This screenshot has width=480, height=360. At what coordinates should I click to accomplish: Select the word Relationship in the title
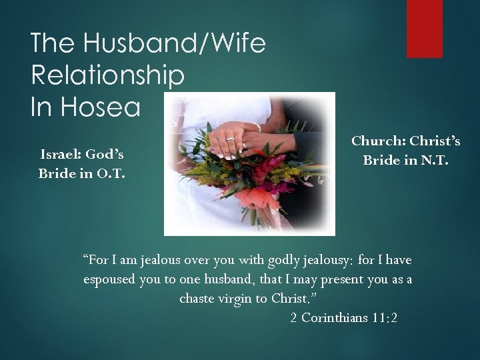pos(107,75)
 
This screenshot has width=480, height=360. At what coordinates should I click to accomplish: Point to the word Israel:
pos(61,155)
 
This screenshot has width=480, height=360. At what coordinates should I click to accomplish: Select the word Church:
pos(379,141)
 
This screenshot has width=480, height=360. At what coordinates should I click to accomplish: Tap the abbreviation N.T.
pos(433,161)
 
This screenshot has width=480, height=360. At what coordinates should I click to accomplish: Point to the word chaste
pos(197,298)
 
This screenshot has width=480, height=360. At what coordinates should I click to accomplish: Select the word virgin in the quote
pos(235,298)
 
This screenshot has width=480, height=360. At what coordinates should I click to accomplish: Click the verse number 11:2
pos(385,317)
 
